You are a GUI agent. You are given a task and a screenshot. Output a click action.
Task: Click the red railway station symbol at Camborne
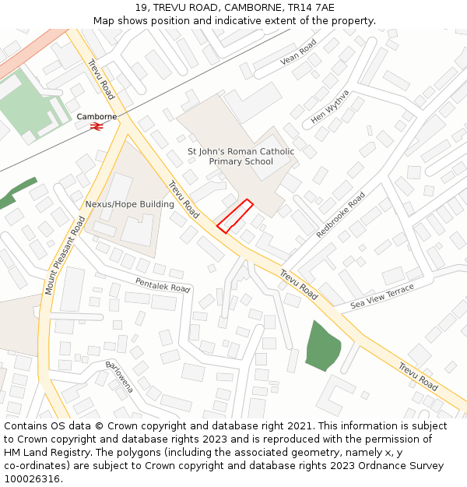pyautogui.click(x=97, y=126)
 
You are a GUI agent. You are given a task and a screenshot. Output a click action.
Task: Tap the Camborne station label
pyautogui.click(x=97, y=116)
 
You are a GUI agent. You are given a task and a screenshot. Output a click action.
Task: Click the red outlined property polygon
pyautogui.click(x=234, y=216)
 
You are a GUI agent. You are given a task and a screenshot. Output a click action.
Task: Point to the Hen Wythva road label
pyautogui.click(x=330, y=108)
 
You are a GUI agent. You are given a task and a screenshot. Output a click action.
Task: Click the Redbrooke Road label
pyautogui.click(x=341, y=215)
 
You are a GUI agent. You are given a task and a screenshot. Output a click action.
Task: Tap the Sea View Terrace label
pyautogui.click(x=382, y=297)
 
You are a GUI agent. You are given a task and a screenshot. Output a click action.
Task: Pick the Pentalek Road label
pyautogui.click(x=163, y=285)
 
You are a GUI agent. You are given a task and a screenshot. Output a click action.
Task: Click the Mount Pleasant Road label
pyautogui.click(x=65, y=255)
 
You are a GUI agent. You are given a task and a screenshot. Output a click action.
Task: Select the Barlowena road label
pyautogui.click(x=120, y=376)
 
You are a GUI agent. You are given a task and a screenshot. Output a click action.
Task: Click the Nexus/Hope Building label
pyautogui.click(x=129, y=204)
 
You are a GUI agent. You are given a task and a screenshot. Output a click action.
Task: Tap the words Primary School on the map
pyautogui.click(x=241, y=162)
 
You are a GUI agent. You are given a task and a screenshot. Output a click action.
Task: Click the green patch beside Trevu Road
pyautogui.click(x=321, y=346)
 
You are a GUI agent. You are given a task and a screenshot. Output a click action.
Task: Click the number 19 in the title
pyautogui.click(x=140, y=7)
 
